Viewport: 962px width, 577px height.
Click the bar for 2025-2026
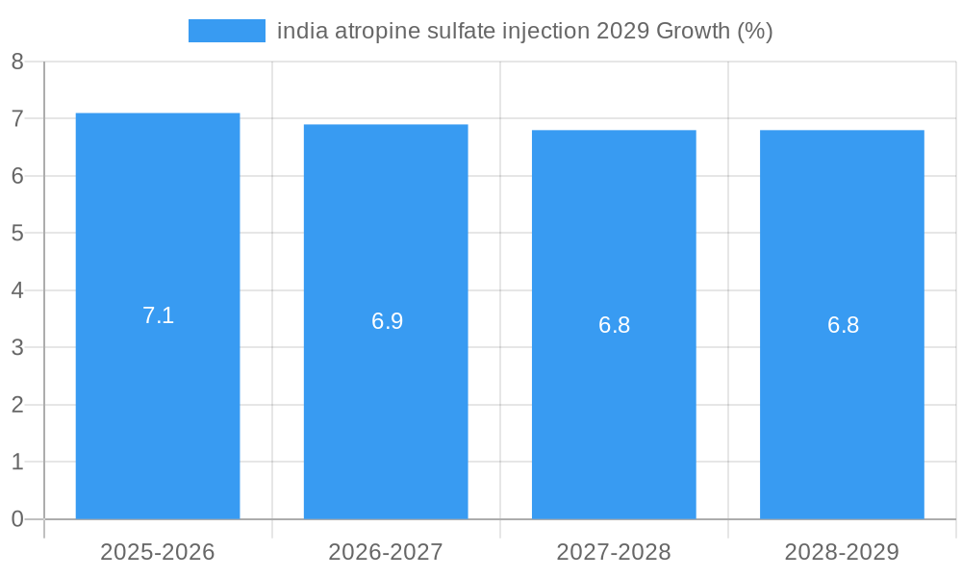(x=158, y=404)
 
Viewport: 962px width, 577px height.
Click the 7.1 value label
(x=158, y=315)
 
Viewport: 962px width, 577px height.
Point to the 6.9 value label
(x=387, y=321)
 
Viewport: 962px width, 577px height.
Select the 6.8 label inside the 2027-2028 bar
(x=614, y=325)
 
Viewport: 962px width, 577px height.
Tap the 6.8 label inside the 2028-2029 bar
(x=843, y=325)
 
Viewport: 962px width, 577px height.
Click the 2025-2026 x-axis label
(x=158, y=552)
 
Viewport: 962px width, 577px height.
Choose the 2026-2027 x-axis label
(x=386, y=552)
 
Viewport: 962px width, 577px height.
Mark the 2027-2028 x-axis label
(x=614, y=552)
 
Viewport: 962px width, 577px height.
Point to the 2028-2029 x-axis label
(x=842, y=552)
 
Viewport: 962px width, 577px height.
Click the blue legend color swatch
(x=227, y=31)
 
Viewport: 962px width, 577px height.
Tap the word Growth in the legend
(x=693, y=31)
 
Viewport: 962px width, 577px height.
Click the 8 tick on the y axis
(x=17, y=63)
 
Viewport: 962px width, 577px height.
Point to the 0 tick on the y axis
(x=17, y=519)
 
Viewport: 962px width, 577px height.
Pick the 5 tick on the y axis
(x=17, y=234)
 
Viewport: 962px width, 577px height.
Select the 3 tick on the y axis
(x=17, y=348)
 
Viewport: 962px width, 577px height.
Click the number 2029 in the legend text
(x=622, y=31)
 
